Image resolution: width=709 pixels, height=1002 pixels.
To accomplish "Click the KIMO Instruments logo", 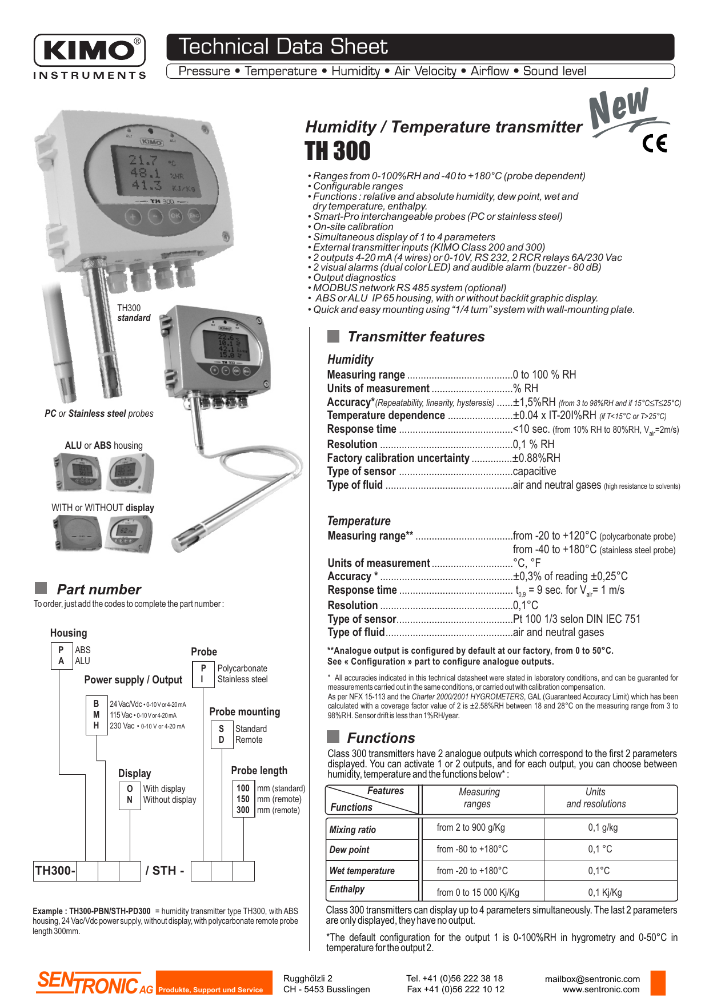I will tap(90, 56).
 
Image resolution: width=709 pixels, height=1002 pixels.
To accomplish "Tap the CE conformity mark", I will tap(655, 143).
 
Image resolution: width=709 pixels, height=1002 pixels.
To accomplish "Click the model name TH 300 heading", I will tap(338, 151).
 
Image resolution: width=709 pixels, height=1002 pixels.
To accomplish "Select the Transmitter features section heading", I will tap(416, 337).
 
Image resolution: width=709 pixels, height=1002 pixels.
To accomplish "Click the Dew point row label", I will tap(350, 850).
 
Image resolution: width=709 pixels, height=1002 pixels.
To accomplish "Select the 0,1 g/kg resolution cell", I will tap(603, 827).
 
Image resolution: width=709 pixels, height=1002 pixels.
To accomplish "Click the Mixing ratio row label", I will tap(353, 830).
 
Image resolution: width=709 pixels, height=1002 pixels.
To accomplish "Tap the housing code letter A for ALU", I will tap(61, 661).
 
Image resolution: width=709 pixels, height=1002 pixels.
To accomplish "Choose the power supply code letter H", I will tap(96, 726).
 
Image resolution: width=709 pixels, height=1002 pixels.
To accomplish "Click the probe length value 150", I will tap(243, 799).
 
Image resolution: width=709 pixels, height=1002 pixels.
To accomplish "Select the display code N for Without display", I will tap(130, 800).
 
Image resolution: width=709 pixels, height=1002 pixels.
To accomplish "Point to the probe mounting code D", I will tap(222, 739).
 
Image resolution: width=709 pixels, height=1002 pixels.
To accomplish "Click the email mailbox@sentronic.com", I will tap(592, 979).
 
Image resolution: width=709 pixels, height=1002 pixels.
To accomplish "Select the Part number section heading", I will tap(99, 590).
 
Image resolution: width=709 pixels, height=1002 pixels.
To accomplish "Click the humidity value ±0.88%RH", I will tap(536, 458).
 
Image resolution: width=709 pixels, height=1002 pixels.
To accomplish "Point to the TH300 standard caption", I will tap(134, 313).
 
